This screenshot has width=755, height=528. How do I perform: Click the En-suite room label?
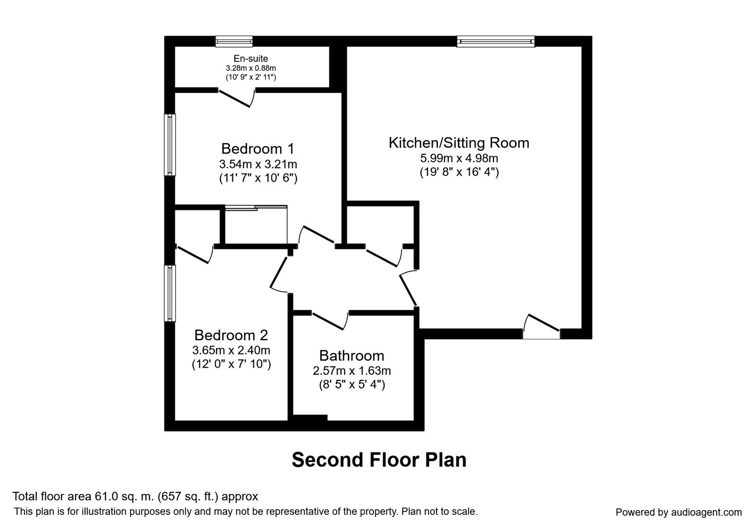point(251,59)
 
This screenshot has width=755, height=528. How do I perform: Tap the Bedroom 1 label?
point(258,149)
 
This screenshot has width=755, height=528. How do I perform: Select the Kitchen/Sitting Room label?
point(459,143)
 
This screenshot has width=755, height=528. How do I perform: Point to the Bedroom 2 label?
point(231,335)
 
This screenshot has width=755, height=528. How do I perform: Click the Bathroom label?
point(352,355)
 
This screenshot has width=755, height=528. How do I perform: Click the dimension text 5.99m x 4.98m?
point(459,158)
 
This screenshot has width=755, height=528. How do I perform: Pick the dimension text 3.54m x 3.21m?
point(258,164)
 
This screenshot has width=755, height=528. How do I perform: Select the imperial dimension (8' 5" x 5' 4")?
point(352,385)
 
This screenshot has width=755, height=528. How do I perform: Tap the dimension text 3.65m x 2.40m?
point(231,350)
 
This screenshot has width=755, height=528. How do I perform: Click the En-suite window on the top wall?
point(234,41)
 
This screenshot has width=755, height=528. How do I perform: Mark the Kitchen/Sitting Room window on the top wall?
point(496,41)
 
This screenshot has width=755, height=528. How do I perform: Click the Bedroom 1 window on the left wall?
point(170,145)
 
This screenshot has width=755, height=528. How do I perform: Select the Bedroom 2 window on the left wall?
point(170,293)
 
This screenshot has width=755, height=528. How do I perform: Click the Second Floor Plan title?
point(379,460)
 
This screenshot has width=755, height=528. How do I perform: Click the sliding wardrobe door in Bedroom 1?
point(256,207)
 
